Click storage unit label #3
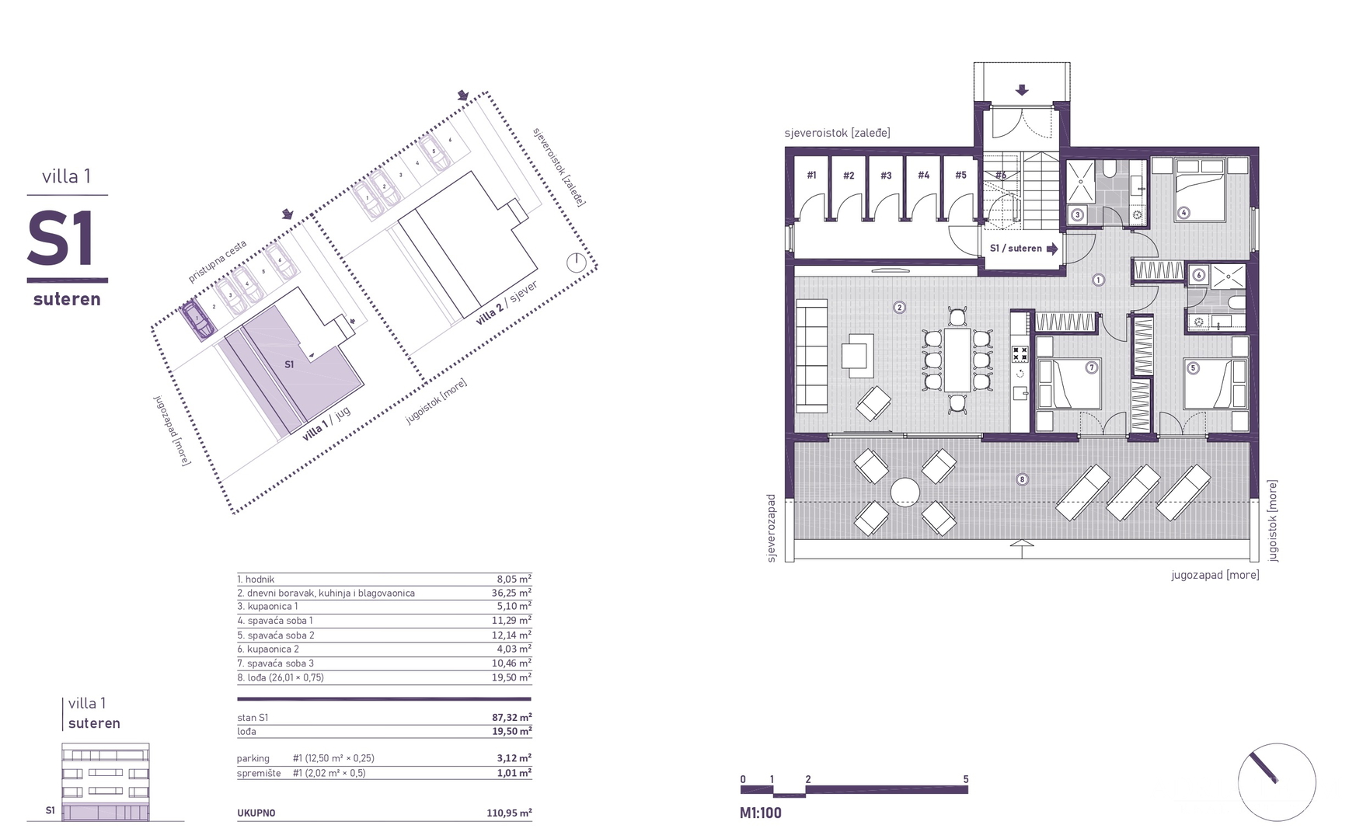[x=886, y=176]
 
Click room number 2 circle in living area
[x=899, y=308]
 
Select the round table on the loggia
[x=905, y=492]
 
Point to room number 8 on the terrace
[x=1022, y=479]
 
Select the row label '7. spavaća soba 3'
[x=276, y=663]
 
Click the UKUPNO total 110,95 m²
[x=510, y=813]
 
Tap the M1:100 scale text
[x=761, y=813]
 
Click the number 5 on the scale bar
[x=965, y=779]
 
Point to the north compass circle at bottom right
[x=1276, y=782]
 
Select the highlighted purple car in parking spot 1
[x=197, y=321]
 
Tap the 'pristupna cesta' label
[x=217, y=261]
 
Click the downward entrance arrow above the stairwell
[x=1022, y=90]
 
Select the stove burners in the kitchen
[x=1020, y=354]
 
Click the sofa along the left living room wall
[x=811, y=357]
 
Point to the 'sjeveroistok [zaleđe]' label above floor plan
[x=837, y=133]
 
